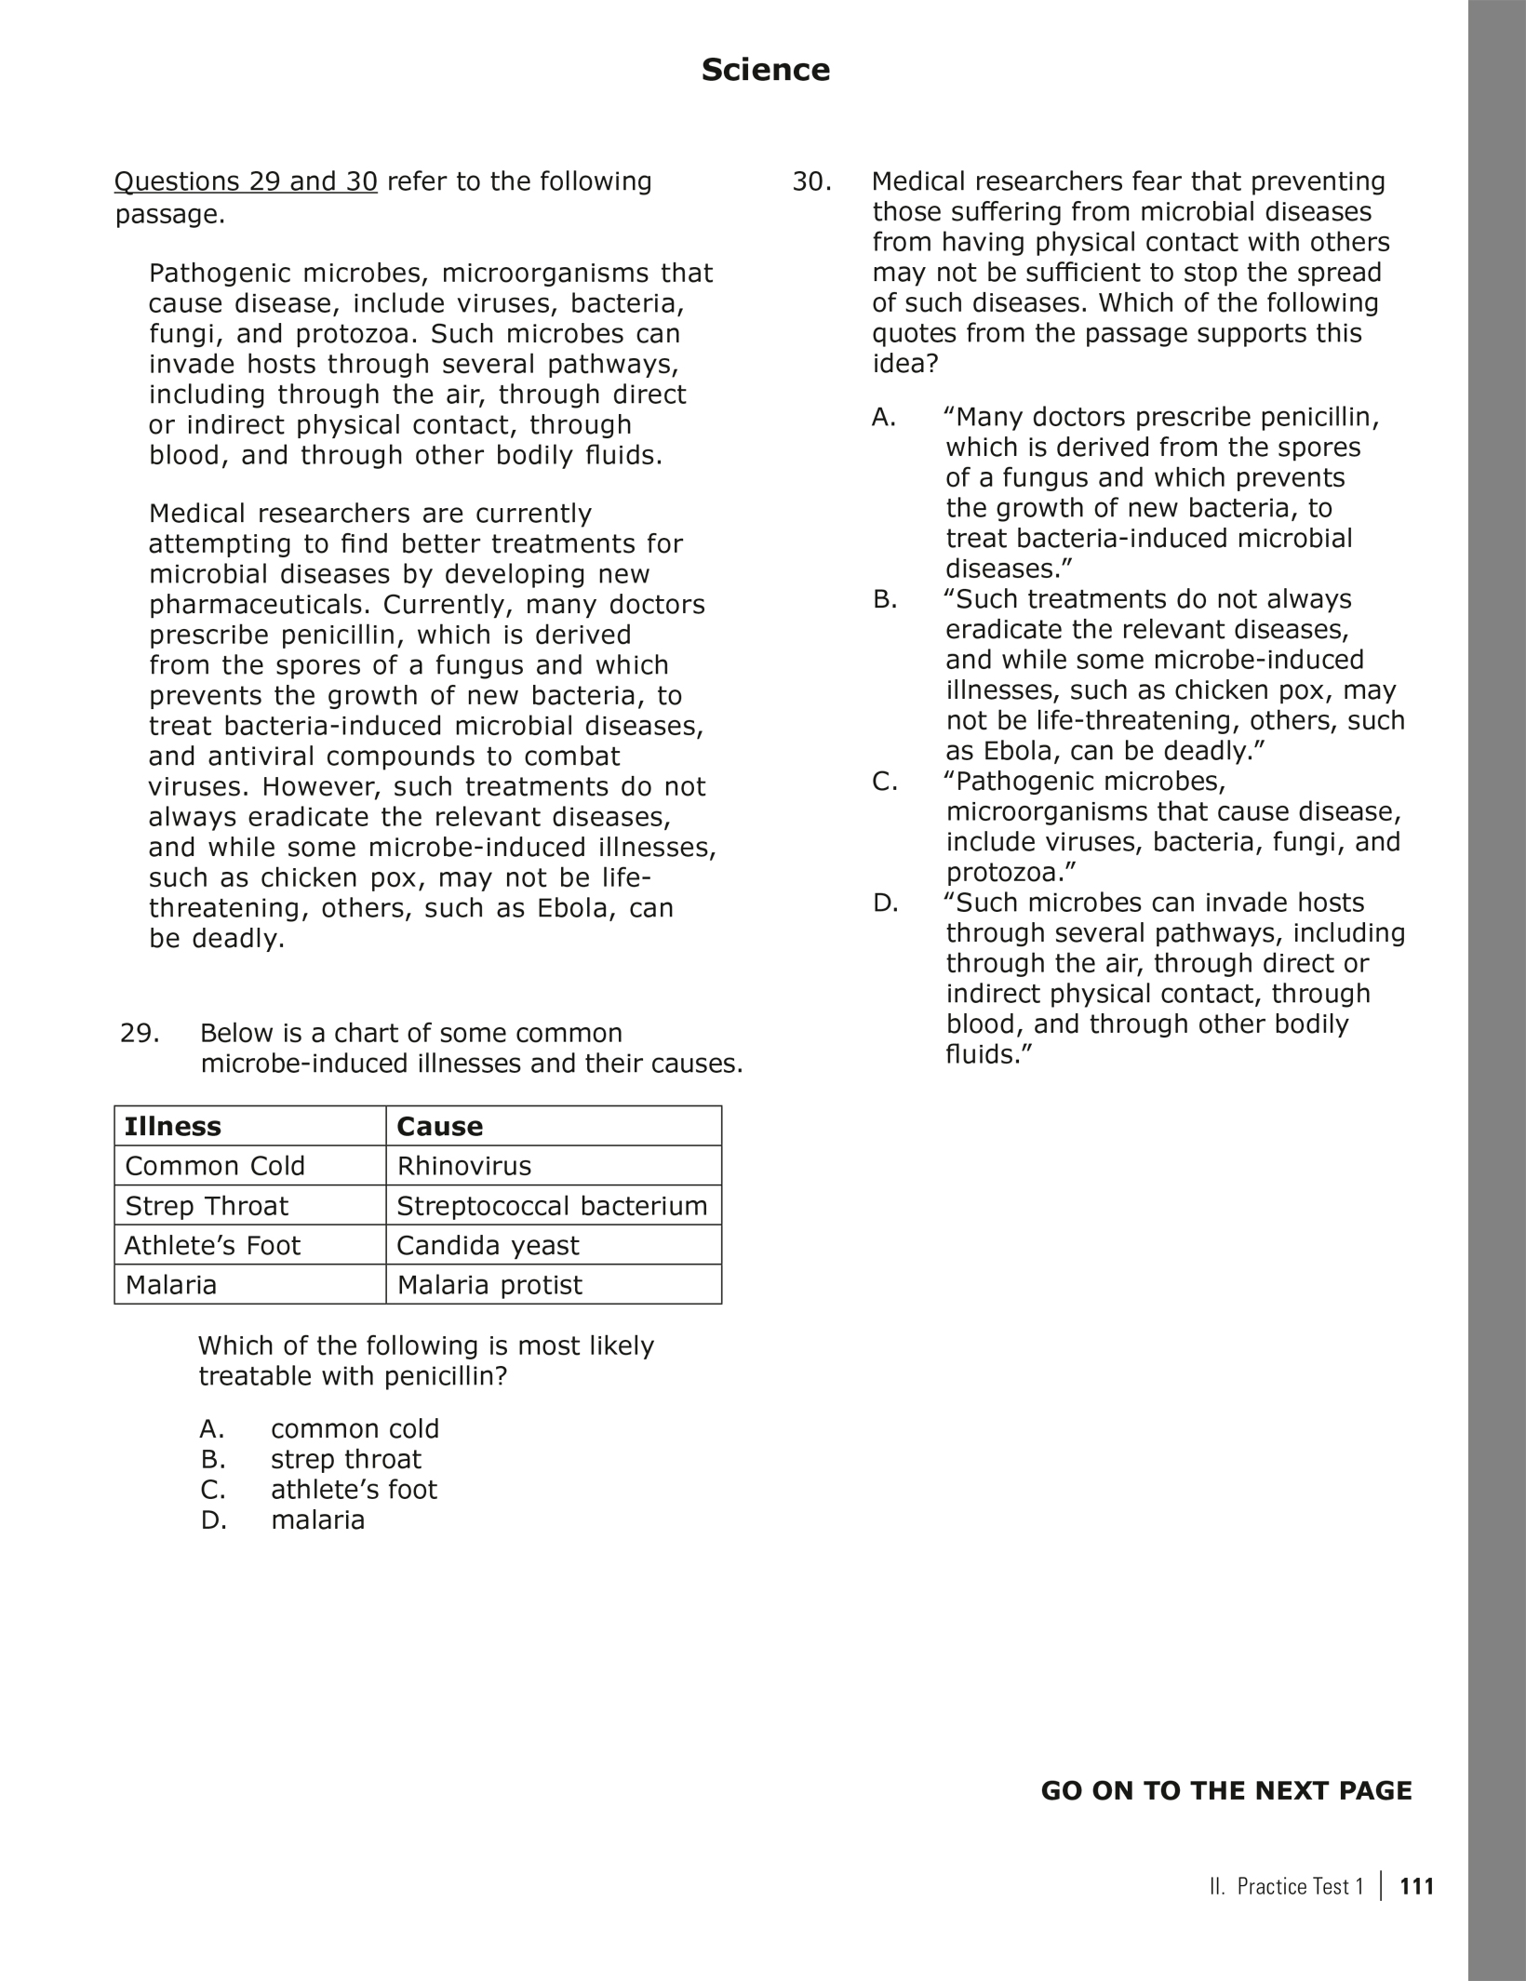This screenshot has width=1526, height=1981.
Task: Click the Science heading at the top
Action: click(765, 71)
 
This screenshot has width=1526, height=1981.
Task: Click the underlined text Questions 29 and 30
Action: click(246, 181)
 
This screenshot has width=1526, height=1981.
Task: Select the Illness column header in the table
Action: click(173, 1126)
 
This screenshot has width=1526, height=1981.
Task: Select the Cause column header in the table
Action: click(439, 1126)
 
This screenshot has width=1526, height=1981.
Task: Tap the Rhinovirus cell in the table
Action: click(463, 1166)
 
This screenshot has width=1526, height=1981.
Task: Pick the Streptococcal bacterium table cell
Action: click(552, 1206)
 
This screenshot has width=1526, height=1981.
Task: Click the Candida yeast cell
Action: click(488, 1245)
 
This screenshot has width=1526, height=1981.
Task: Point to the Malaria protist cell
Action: click(489, 1285)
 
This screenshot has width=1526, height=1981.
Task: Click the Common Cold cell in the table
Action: click(215, 1166)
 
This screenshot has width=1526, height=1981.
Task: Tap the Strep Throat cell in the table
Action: click(207, 1206)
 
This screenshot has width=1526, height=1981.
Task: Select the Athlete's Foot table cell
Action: click(212, 1245)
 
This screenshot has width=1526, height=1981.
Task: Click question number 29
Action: click(140, 1034)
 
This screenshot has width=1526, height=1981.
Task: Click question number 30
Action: click(811, 181)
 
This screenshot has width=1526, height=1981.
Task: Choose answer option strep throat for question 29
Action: click(345, 1459)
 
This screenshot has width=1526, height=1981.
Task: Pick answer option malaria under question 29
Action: click(317, 1519)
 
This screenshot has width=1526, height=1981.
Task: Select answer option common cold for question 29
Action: click(355, 1428)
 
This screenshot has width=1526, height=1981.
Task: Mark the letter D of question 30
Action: click(885, 903)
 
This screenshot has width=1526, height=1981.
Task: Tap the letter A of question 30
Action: click(884, 418)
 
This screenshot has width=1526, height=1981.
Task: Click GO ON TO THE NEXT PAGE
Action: click(1225, 1791)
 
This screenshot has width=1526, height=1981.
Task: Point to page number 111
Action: click(1416, 1886)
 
